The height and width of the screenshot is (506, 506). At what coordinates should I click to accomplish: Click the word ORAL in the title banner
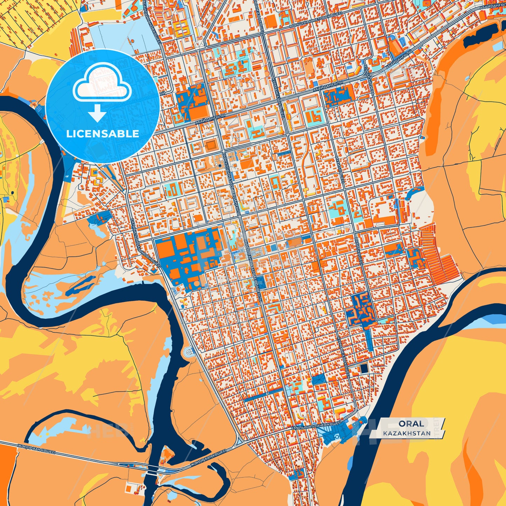click(x=411, y=423)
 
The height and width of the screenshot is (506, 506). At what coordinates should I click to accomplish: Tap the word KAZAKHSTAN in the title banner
click(x=407, y=433)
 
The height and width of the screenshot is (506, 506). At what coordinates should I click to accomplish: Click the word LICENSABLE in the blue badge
click(x=102, y=133)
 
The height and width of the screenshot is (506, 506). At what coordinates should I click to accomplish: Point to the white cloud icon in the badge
click(x=102, y=84)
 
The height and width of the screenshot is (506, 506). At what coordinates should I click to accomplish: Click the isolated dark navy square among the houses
click(x=365, y=368)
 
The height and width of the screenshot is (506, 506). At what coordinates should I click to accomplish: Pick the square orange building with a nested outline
click(x=211, y=145)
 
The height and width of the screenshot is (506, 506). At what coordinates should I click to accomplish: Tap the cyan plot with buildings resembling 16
click(x=313, y=116)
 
